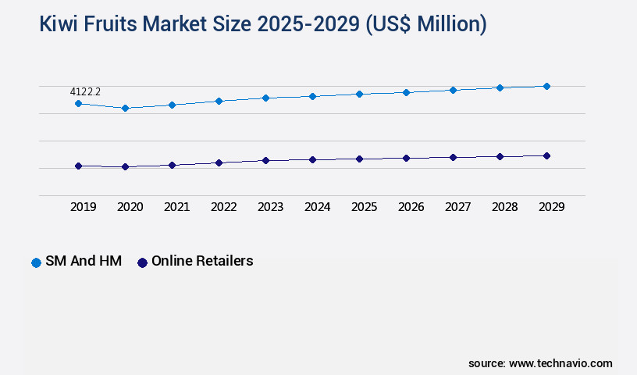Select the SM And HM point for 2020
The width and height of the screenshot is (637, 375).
click(x=125, y=108)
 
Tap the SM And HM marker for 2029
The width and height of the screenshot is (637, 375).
click(x=546, y=86)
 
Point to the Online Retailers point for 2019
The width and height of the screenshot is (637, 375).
click(x=78, y=166)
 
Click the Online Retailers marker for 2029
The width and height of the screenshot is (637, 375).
click(x=546, y=155)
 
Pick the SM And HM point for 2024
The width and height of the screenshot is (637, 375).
click(x=312, y=96)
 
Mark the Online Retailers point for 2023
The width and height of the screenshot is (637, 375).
click(x=265, y=160)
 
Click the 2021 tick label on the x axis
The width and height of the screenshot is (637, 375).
click(x=176, y=207)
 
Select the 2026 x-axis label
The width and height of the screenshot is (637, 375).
click(x=411, y=207)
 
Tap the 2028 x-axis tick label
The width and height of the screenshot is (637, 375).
click(x=504, y=207)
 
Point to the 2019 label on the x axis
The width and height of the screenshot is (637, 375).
click(x=83, y=207)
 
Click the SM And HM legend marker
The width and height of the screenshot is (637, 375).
click(x=36, y=262)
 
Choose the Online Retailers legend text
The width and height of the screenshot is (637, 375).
click(x=202, y=262)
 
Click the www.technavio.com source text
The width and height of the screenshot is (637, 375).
click(x=560, y=363)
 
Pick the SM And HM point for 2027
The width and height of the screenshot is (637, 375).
click(x=453, y=90)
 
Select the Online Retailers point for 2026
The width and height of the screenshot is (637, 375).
click(x=406, y=158)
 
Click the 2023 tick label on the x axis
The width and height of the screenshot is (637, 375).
click(x=270, y=207)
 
